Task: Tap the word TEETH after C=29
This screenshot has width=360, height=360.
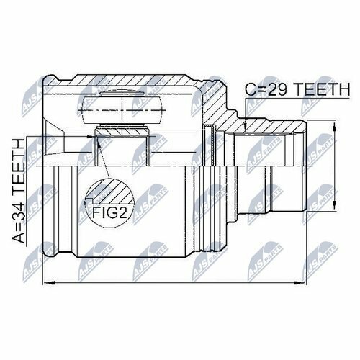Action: [x=323, y=89]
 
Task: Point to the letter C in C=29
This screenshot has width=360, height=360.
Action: [x=251, y=89]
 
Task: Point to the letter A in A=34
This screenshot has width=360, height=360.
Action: [x=19, y=238]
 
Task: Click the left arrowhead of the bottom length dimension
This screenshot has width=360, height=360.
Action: [x=48, y=283]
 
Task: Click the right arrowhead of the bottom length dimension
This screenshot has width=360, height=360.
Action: [x=300, y=283]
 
